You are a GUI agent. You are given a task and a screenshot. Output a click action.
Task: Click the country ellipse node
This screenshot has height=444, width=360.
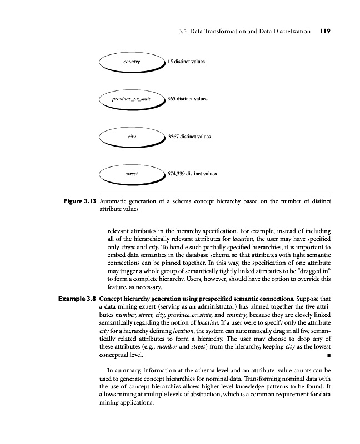pyautogui.click(x=131, y=62)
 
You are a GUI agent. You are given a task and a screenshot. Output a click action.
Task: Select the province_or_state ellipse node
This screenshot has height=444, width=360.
pyautogui.click(x=131, y=99)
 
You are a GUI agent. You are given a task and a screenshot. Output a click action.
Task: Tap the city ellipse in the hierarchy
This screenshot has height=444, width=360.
pyautogui.click(x=131, y=136)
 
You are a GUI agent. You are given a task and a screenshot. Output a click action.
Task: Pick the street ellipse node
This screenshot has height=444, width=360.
pyautogui.click(x=131, y=173)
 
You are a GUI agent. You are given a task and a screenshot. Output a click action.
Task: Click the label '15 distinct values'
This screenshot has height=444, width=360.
pyautogui.click(x=186, y=62)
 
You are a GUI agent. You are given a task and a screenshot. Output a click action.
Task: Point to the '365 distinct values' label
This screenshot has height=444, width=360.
pyautogui.click(x=187, y=99)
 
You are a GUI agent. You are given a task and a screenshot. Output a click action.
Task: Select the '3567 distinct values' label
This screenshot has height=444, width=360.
pyautogui.click(x=189, y=136)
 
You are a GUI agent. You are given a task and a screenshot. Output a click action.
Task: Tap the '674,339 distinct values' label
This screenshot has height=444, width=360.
pyautogui.click(x=192, y=173)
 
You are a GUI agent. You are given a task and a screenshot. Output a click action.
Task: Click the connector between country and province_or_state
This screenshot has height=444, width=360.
pyautogui.click(x=131, y=80)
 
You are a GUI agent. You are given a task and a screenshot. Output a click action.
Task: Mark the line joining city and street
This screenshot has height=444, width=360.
pyautogui.click(x=131, y=155)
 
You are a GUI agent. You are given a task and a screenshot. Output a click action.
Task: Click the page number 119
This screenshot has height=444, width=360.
pyautogui.click(x=325, y=32)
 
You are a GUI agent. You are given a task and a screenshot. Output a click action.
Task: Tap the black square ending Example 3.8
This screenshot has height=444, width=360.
pyautogui.click(x=328, y=354)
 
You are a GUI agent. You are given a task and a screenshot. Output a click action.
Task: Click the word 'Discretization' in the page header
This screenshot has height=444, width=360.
pyautogui.click(x=291, y=32)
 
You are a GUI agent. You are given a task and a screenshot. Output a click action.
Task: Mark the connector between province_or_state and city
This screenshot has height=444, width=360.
pyautogui.click(x=131, y=118)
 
